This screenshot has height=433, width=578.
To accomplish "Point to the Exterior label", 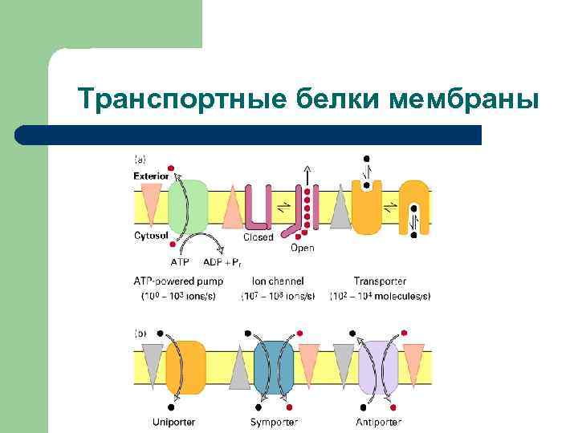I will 151,175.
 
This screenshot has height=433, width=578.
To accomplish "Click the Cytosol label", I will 149,237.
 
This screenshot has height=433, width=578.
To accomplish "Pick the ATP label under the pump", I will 181,261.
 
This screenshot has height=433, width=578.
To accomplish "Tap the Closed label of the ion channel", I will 258,237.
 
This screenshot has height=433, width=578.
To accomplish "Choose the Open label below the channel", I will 302,249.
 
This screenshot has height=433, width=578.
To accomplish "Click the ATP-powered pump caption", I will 177,281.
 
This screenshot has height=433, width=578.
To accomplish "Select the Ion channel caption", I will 278,281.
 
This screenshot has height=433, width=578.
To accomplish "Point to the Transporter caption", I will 380,281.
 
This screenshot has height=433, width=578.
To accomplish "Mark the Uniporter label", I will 173,421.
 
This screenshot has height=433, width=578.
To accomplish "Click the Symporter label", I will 275,421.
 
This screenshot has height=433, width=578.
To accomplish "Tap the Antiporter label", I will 378,421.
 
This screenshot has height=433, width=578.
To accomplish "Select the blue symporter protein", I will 274,367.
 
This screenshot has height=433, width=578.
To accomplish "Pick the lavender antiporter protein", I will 377,367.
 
